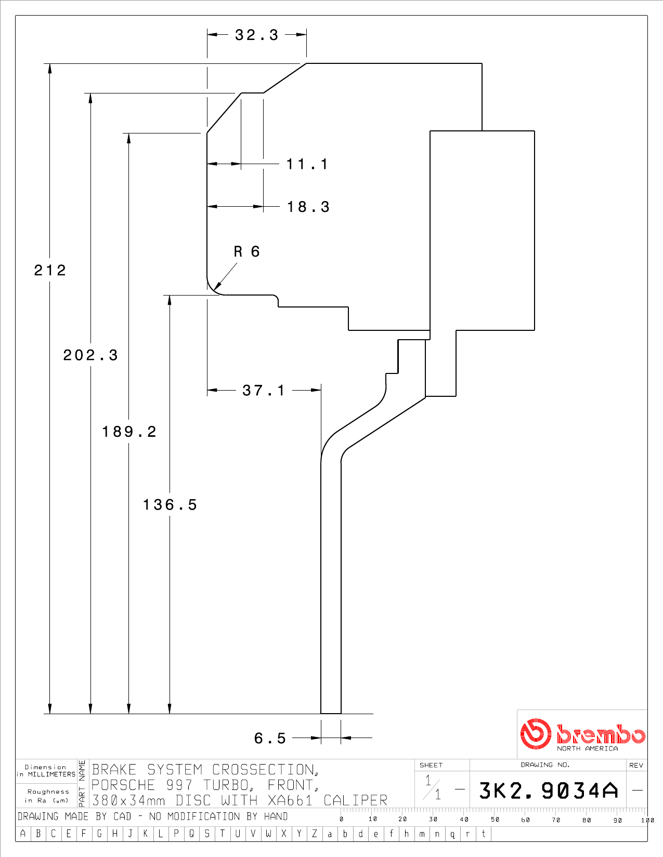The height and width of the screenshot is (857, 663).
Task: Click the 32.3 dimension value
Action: click(x=257, y=35)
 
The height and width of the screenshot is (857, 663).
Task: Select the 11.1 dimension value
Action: click(x=307, y=164)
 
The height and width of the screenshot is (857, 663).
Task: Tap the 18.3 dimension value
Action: click(x=308, y=207)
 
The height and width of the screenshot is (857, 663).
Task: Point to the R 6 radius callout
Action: click(x=247, y=251)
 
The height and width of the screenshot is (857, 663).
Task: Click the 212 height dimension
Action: click(x=50, y=270)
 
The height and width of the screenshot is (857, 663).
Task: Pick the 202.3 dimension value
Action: click(x=90, y=355)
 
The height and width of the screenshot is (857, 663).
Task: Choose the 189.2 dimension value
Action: click(x=129, y=432)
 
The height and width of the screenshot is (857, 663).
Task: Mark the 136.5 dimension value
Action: click(x=170, y=505)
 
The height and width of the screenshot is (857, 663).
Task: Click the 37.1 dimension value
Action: click(x=264, y=391)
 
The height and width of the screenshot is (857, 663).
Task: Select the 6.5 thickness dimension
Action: click(x=270, y=738)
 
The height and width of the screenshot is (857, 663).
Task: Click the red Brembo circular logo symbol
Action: click(x=536, y=733)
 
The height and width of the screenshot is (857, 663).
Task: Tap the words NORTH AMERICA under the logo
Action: click(x=587, y=748)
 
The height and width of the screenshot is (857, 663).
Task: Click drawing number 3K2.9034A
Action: click(x=548, y=791)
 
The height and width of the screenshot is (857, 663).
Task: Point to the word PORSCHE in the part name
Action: click(x=123, y=785)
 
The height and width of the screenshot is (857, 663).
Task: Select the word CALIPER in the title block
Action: click(x=355, y=800)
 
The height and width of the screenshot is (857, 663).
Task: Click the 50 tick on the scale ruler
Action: click(x=495, y=819)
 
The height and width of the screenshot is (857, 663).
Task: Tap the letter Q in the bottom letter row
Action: click(x=191, y=834)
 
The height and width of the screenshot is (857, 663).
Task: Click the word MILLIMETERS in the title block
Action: click(x=51, y=774)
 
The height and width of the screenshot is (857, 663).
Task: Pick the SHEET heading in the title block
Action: click(x=431, y=765)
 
